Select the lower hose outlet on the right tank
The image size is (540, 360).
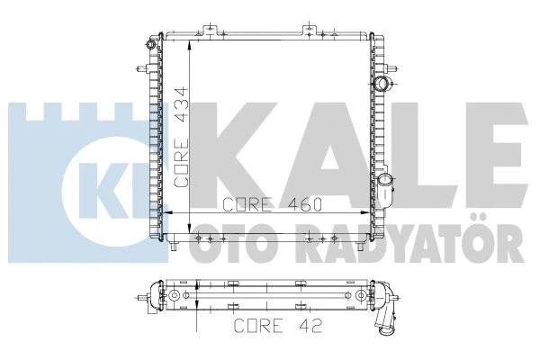(x=387, y=190)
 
